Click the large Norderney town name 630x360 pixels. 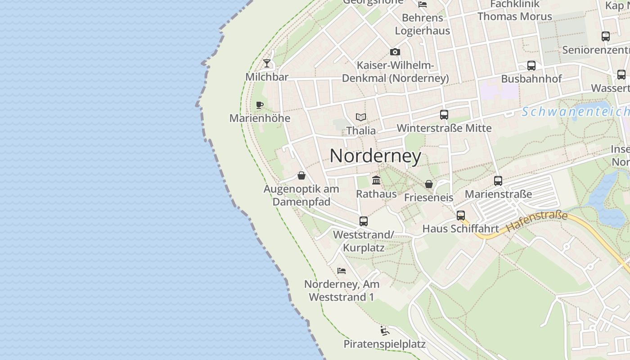(x=375, y=156)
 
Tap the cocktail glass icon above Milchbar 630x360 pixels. (x=267, y=63)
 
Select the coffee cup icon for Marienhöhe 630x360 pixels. (x=260, y=105)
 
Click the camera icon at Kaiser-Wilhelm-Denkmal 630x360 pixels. (x=395, y=52)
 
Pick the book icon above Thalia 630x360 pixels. (x=361, y=117)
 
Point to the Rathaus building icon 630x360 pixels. (x=376, y=180)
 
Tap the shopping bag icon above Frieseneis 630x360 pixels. (x=428, y=184)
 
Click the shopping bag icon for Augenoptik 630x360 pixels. (x=301, y=175)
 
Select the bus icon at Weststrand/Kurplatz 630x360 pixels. (x=364, y=221)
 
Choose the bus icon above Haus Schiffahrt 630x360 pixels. (x=460, y=215)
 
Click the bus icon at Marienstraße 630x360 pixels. (x=498, y=180)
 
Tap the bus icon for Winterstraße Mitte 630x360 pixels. (x=444, y=114)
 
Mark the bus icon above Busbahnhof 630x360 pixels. (x=531, y=65)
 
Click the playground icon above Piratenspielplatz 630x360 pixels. (x=384, y=331)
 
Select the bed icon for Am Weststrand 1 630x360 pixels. (x=342, y=270)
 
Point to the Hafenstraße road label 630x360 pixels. (x=537, y=222)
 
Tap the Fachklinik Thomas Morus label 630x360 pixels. (x=514, y=11)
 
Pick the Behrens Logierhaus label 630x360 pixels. (x=423, y=24)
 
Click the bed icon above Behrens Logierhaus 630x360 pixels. (x=423, y=4)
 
